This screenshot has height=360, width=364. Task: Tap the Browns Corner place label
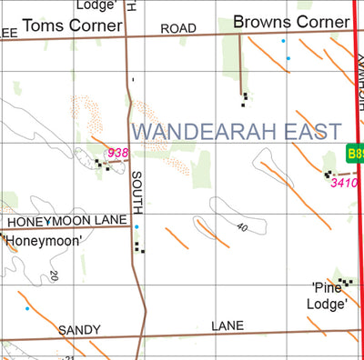click(286, 20)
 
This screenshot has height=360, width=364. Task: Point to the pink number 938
click(117, 153)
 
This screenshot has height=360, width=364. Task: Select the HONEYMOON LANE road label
click(65, 221)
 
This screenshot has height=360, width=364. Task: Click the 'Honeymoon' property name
click(43, 240)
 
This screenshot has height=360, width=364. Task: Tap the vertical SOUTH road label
click(137, 190)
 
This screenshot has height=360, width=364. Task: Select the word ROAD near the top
click(178, 29)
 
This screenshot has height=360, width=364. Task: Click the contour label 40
click(241, 227)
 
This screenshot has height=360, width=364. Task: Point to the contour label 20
click(54, 275)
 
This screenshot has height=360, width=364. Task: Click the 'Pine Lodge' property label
click(329, 295)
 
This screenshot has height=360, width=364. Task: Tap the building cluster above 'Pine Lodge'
click(343, 282)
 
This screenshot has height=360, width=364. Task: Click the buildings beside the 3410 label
click(328, 172)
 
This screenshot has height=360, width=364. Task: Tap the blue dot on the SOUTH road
click(136, 226)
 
